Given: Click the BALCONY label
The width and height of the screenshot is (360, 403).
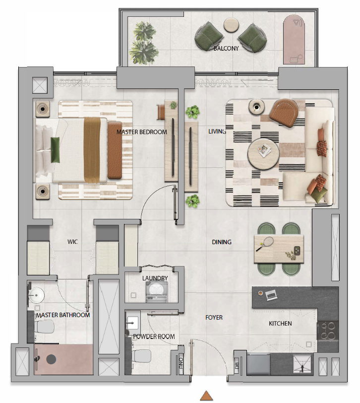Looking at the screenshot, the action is [x=226, y=48].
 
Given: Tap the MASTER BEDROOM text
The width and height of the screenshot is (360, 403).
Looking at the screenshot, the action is [x=142, y=132].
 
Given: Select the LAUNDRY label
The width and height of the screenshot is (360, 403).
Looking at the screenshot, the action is [x=155, y=278].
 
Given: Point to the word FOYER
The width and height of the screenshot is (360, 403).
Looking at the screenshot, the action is [x=214, y=318].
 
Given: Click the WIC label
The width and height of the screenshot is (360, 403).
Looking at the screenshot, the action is [x=72, y=242].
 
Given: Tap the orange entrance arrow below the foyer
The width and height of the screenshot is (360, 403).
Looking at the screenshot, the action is [x=206, y=396].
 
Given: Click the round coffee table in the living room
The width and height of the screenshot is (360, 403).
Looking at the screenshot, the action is [x=263, y=154].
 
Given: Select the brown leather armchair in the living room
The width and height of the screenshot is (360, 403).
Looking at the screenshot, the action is [x=284, y=112].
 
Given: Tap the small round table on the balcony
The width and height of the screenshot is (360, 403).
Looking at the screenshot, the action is [x=232, y=25].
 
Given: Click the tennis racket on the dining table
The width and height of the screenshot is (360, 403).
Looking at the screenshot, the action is [x=265, y=244].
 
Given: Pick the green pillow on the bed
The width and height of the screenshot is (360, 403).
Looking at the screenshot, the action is [x=55, y=150].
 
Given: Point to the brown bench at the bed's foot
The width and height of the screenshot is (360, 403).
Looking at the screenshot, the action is [x=115, y=150].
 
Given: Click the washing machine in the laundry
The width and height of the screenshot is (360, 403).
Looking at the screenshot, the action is [x=157, y=291].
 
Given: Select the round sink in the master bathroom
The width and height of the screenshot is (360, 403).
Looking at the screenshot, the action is [x=36, y=295].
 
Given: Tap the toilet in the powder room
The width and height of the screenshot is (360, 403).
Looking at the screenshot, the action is [x=141, y=356].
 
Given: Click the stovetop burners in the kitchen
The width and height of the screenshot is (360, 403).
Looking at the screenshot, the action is [x=328, y=331].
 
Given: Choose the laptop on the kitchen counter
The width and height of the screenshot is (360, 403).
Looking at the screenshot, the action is [x=271, y=295].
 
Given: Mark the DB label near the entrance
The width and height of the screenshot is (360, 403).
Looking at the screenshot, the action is [x=237, y=365].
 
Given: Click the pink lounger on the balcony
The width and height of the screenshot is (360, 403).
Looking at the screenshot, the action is [x=294, y=39].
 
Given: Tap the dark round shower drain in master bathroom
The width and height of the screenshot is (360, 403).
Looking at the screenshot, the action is [x=51, y=359].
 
